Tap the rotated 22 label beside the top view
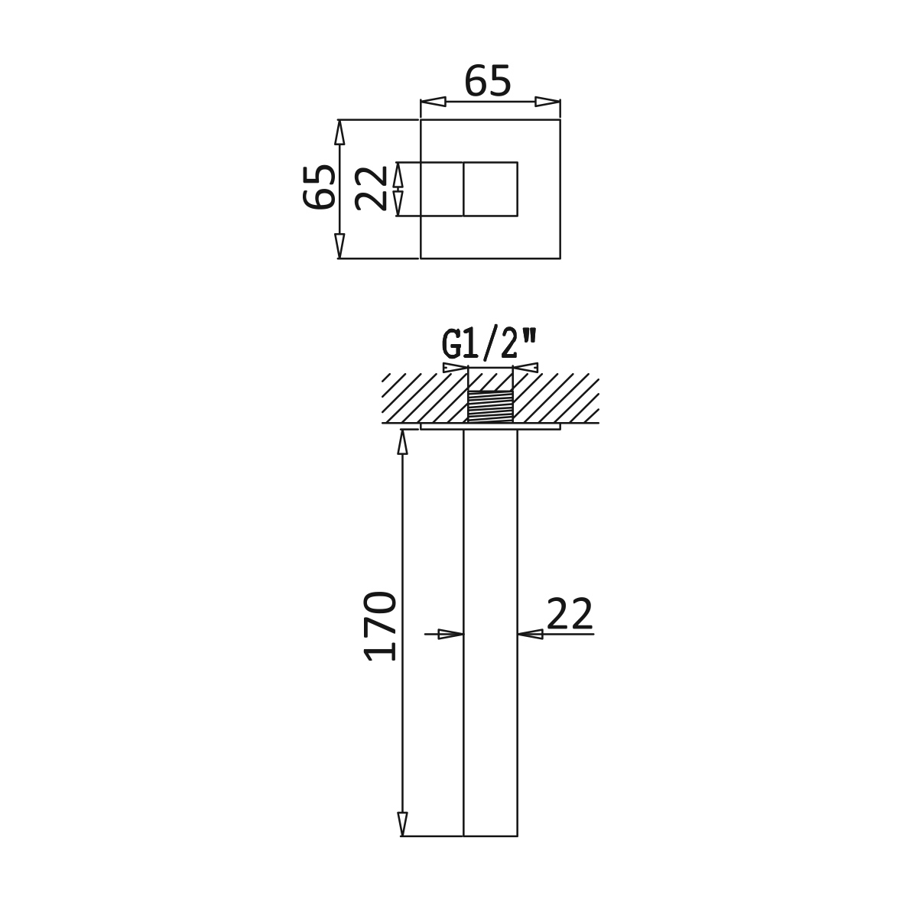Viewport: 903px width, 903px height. (x=371, y=188)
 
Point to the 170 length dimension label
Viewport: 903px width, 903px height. (x=380, y=625)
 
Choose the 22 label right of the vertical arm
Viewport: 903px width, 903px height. (x=569, y=614)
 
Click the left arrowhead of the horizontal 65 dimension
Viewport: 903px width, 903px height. (x=433, y=102)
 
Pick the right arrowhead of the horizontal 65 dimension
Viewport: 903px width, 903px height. (x=547, y=102)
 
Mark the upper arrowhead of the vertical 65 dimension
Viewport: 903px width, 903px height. (x=339, y=132)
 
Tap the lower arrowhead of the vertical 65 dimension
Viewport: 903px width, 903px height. (x=339, y=246)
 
